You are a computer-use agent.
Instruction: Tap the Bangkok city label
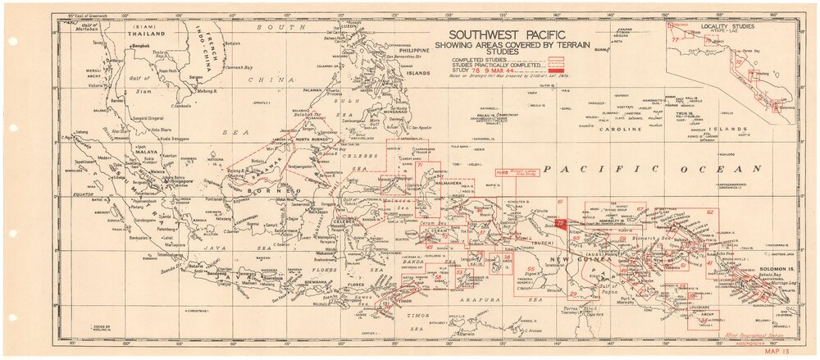click(x=142, y=50)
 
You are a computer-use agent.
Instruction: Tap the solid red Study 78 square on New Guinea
click(x=560, y=222)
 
